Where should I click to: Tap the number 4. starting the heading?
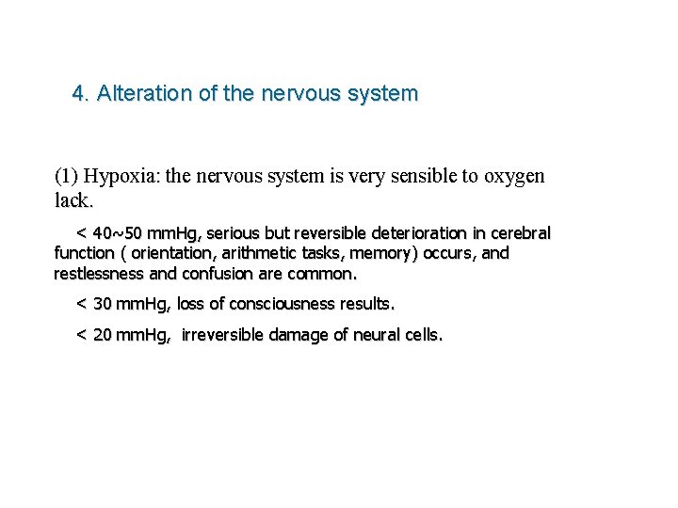pyautogui.click(x=80, y=94)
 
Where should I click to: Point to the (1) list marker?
pyautogui.click(x=67, y=176)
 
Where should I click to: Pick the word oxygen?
pyautogui.click(x=515, y=176)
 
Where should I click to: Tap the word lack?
pyautogui.click(x=73, y=199)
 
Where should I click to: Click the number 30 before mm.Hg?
pyautogui.click(x=103, y=304)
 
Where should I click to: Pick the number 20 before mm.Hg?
pyautogui.click(x=103, y=335)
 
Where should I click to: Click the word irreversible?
pyautogui.click(x=228, y=335)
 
